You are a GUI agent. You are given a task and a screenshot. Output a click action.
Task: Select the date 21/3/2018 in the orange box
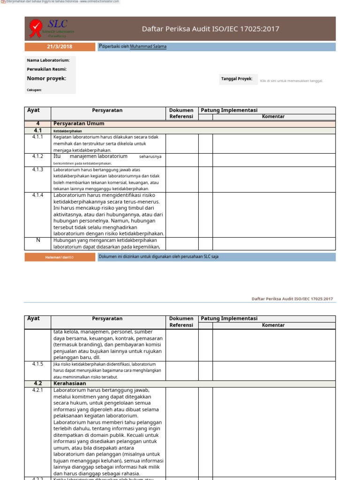60,46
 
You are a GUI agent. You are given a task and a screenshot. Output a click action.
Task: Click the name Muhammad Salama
148,46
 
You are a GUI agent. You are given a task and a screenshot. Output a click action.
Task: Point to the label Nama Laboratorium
48,60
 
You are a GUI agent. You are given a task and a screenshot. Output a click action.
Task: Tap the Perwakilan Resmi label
47,69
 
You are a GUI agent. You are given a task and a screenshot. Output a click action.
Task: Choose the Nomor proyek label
46,78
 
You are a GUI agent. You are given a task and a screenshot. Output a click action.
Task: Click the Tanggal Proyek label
237,79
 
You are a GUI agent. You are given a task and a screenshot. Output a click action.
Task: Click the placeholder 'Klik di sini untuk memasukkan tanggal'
292,81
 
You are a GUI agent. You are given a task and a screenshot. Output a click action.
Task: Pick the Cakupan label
34,90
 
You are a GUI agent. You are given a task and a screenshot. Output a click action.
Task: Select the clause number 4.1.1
38,137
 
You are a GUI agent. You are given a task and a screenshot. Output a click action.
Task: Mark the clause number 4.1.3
38,169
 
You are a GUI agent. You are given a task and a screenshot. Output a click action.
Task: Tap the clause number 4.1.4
38,195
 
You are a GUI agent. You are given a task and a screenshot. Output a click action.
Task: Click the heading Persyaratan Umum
79,123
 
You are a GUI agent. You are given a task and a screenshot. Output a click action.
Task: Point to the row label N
38,240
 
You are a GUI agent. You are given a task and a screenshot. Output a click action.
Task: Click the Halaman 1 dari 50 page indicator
60,257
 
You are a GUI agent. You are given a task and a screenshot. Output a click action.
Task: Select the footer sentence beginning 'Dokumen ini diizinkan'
158,257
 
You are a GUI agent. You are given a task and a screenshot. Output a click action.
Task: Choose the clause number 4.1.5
38,364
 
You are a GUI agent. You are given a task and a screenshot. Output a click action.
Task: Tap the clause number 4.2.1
38,390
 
